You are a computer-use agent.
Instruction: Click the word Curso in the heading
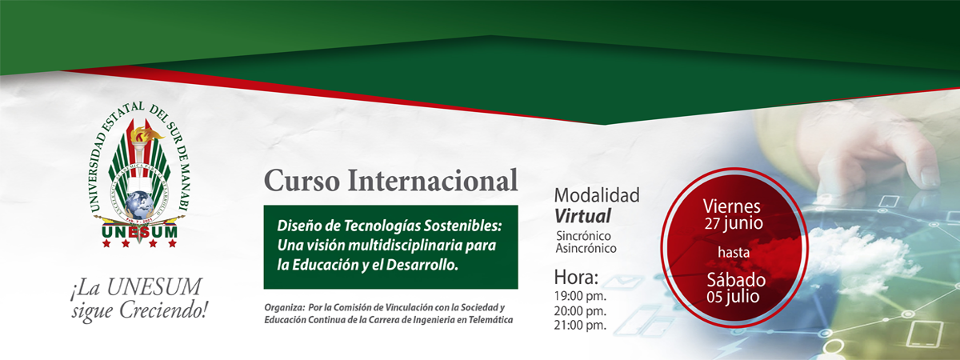[302, 181]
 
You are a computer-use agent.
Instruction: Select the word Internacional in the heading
[433, 181]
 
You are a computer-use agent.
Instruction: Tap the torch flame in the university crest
[145, 134]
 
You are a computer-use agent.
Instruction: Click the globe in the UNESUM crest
[140, 204]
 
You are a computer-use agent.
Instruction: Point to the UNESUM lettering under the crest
[140, 232]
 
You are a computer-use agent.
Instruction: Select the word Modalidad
[597, 195]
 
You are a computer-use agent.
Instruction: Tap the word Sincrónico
[583, 236]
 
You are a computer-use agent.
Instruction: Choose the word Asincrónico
[586, 248]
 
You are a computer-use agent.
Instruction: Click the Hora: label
[576, 278]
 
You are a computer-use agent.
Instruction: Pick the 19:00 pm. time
[580, 296]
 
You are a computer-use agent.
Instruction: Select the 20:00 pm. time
[580, 310]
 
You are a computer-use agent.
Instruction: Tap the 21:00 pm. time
[580, 326]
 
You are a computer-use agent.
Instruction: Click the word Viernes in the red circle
[731, 206]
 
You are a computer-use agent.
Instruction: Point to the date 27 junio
[734, 224]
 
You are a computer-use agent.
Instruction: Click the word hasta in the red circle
[734, 253]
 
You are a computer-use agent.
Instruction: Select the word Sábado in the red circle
[736, 280]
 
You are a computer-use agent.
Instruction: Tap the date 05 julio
[733, 297]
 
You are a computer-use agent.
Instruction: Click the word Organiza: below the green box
[284, 308]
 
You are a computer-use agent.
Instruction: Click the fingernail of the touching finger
[929, 176]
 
